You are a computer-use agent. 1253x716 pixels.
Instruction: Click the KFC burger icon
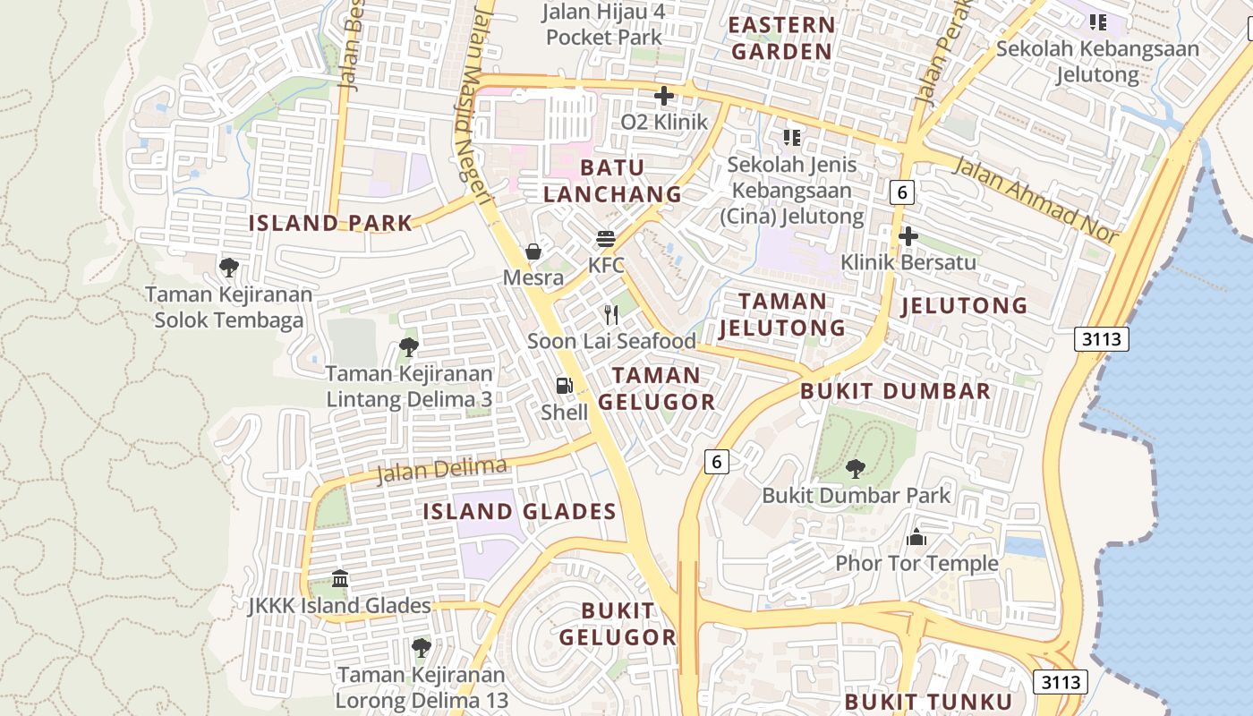(606, 239)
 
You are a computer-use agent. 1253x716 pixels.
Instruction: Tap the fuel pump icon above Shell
(564, 386)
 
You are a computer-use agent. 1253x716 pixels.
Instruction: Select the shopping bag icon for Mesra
(533, 251)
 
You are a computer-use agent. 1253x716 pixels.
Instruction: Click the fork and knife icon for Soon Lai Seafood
(611, 314)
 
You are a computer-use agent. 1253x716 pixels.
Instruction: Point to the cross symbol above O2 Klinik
(664, 96)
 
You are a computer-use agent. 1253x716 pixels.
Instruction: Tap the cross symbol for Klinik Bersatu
(908, 236)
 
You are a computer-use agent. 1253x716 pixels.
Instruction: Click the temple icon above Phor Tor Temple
(916, 537)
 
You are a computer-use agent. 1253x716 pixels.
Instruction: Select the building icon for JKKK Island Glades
(340, 579)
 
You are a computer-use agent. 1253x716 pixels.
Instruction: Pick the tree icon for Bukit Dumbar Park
(856, 468)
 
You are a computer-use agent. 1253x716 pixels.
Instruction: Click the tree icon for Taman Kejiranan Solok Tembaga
(229, 267)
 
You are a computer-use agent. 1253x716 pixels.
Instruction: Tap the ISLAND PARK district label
(330, 223)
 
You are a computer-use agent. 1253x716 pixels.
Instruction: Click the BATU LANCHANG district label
(612, 181)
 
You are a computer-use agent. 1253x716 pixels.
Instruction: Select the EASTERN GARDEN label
(782, 38)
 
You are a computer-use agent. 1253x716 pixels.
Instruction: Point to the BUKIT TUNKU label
(928, 702)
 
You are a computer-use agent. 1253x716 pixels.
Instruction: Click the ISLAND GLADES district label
(519, 512)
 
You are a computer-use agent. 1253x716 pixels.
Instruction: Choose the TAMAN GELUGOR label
(657, 388)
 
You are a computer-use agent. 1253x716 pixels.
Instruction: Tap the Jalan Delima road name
(442, 471)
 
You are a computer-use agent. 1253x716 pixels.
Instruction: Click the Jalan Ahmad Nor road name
(1036, 200)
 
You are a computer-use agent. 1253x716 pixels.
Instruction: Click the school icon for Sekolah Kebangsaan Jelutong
(1098, 21)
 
